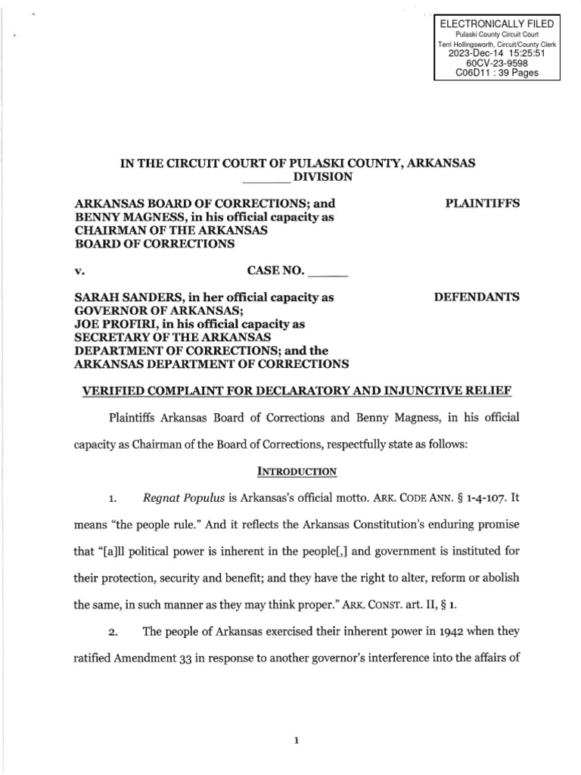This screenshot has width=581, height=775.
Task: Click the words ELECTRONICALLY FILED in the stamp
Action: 497,25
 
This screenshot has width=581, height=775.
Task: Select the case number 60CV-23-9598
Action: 497,64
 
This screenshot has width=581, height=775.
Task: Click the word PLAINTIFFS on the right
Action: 481,204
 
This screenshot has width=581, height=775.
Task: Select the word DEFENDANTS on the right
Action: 476,297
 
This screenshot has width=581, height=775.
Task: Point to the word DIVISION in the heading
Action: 324,177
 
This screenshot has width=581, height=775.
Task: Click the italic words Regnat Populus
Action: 179,499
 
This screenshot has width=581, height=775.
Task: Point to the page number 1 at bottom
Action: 297,721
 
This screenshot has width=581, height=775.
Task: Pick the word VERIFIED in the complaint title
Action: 106,391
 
